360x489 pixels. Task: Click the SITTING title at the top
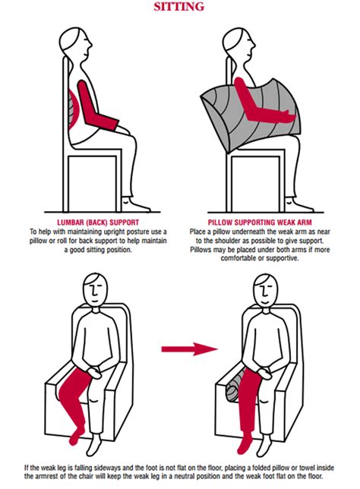point(179,7)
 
